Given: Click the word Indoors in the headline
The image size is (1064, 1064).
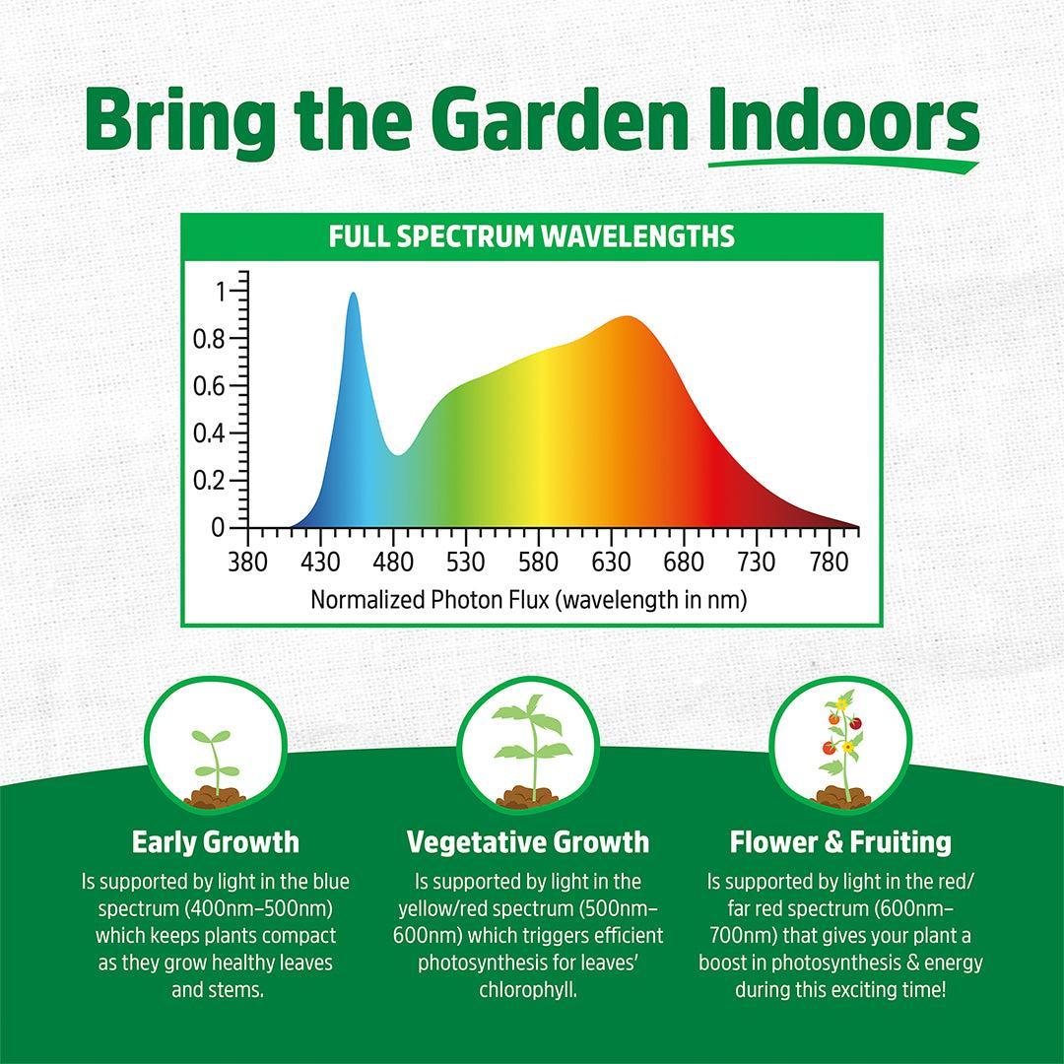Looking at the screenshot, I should (843, 122).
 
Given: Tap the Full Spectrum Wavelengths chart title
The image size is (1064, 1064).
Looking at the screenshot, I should (531, 237).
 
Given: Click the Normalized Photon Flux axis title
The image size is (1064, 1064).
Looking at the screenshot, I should (528, 599).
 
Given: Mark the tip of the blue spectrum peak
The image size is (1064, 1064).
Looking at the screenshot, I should (353, 295).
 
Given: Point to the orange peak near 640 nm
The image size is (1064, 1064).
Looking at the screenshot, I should (628, 318).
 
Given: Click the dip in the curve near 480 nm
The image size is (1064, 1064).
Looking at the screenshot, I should (397, 454).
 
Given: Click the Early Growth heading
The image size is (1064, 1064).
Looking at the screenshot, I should (216, 842).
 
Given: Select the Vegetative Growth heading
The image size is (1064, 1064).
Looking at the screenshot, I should (528, 842).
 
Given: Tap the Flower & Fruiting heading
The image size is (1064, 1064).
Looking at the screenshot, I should (840, 842).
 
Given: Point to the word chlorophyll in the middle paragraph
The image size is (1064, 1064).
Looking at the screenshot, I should (528, 989).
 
